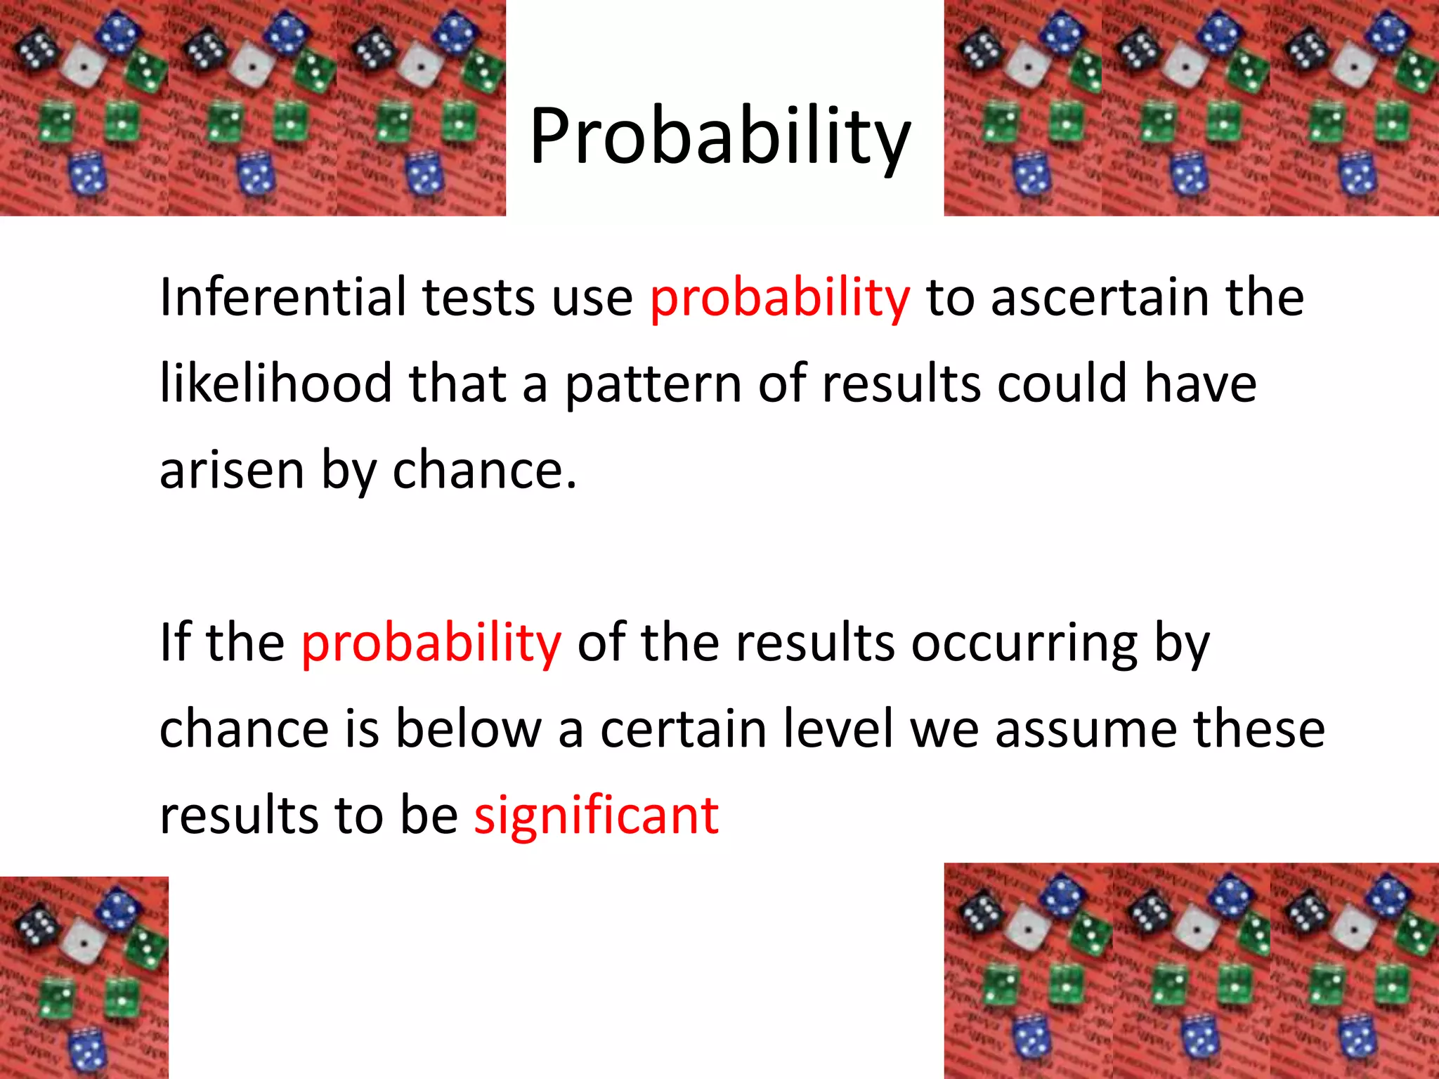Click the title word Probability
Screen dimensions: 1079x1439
tap(719, 137)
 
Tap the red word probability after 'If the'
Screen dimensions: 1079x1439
tap(431, 643)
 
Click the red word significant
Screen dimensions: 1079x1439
tap(596, 816)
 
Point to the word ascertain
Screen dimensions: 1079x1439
tap(1100, 297)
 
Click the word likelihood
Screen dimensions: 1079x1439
tap(275, 384)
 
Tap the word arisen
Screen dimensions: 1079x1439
tap(232, 470)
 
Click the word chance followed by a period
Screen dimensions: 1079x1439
tap(483, 470)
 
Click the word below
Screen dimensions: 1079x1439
tap(468, 728)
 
